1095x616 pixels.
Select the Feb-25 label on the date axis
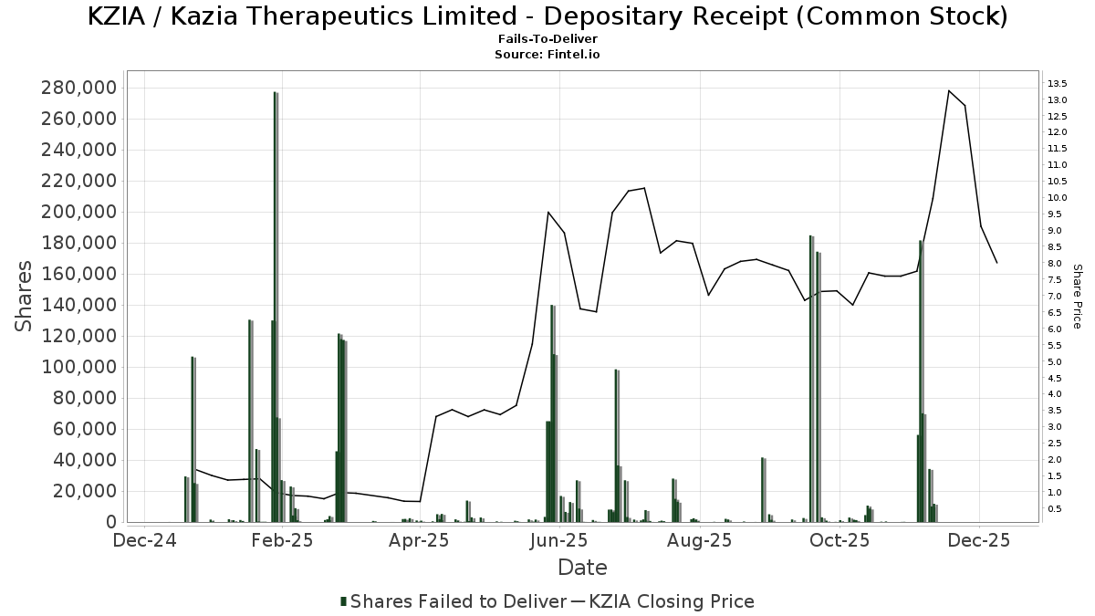[282, 540]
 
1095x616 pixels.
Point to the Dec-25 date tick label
[978, 540]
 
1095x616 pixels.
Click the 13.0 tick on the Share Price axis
[1058, 99]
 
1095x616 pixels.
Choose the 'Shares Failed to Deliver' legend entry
[453, 601]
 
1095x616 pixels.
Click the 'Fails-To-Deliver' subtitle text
[547, 40]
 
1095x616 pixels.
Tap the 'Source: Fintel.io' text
[547, 55]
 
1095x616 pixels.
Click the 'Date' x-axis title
[582, 568]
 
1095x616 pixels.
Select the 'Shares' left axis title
[26, 297]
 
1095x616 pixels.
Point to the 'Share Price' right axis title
[1077, 297]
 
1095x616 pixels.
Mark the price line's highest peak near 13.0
[949, 90]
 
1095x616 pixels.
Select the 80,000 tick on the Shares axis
[83, 398]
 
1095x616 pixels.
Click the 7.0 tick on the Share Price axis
[1057, 297]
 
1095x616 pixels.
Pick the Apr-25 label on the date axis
[420, 540]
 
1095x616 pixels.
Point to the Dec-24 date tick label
[142, 540]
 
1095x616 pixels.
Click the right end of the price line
[997, 263]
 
